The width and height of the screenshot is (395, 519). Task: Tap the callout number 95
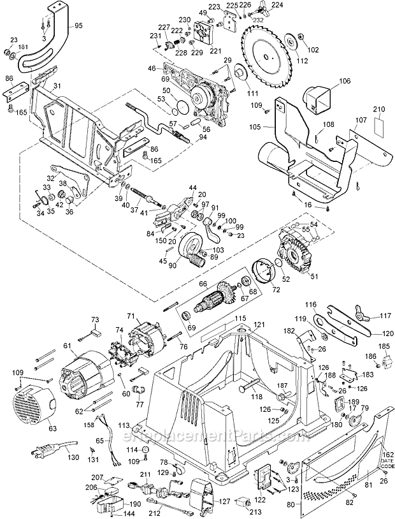pyautogui.click(x=78, y=26)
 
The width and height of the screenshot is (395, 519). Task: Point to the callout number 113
pyautogui.click(x=124, y=424)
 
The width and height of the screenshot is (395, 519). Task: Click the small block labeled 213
pyautogui.click(x=242, y=502)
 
